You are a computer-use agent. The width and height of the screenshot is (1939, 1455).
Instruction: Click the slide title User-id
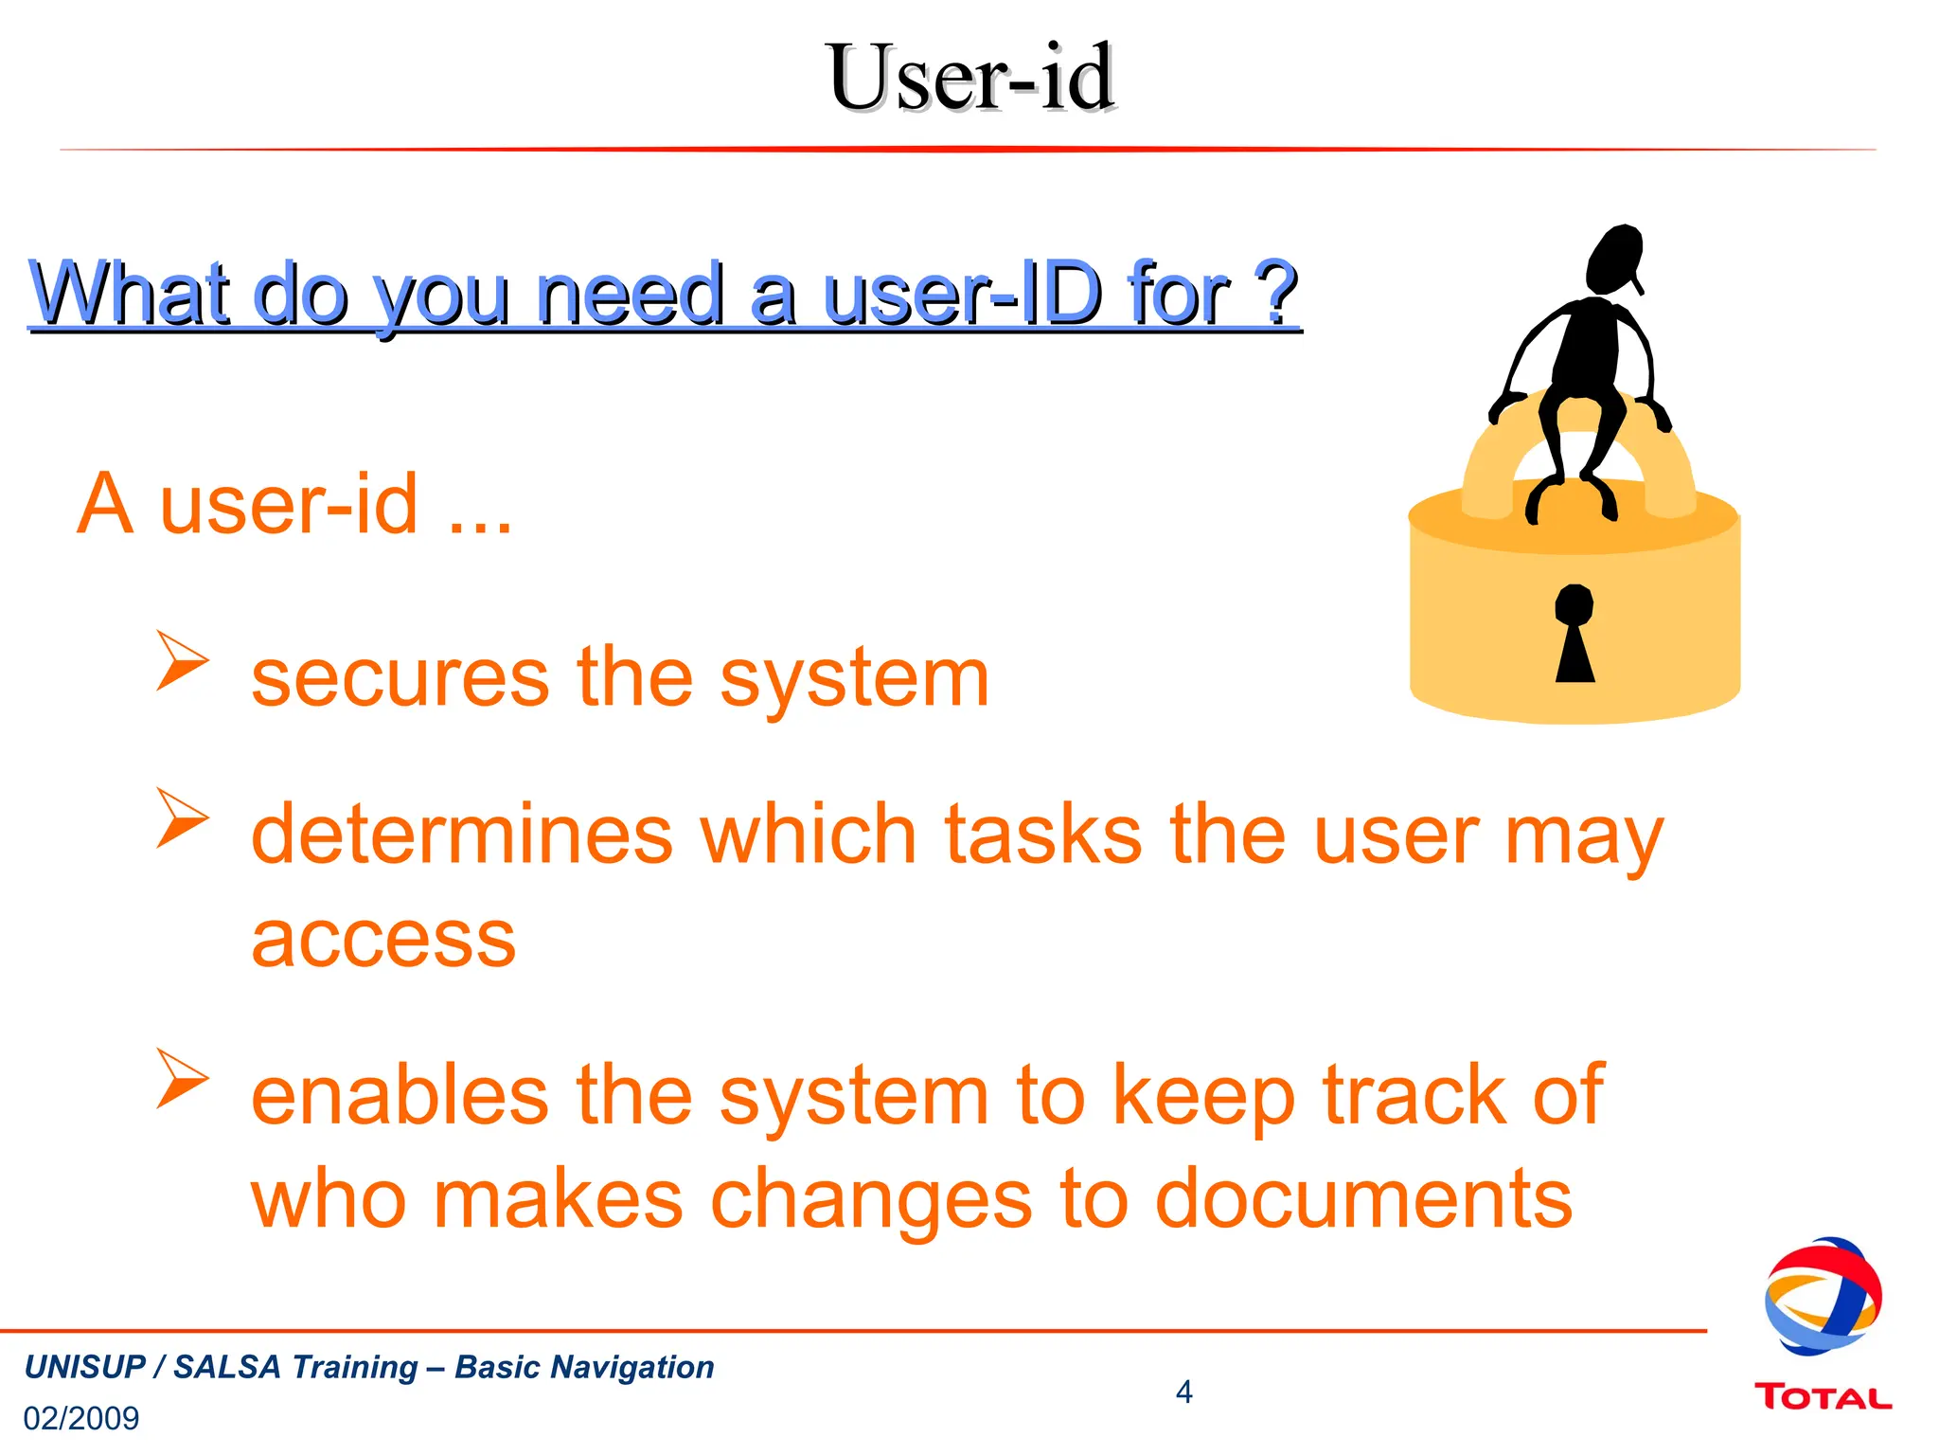pyautogui.click(x=969, y=78)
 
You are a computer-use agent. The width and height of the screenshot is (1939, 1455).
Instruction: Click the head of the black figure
pyautogui.click(x=1615, y=259)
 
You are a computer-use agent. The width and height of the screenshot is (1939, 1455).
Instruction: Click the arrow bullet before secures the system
pyautogui.click(x=182, y=660)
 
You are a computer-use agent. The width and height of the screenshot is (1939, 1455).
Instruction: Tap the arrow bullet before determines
pyautogui.click(x=182, y=817)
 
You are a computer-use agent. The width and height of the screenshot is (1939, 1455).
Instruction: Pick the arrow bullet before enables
pyautogui.click(x=182, y=1078)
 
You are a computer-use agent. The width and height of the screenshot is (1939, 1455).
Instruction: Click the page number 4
pyautogui.click(x=1183, y=1392)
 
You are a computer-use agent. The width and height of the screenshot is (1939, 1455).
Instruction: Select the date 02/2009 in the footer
pyautogui.click(x=81, y=1418)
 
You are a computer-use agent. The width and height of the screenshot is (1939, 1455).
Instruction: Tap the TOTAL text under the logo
pyautogui.click(x=1823, y=1398)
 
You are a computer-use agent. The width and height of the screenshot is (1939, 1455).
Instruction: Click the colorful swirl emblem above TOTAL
pyautogui.click(x=1823, y=1296)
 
